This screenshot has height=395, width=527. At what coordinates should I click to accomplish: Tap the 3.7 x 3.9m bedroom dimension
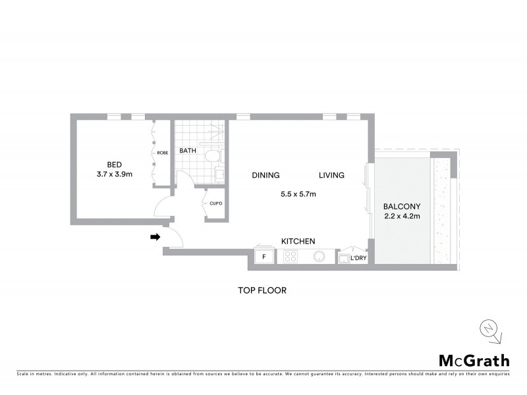pyautogui.click(x=116, y=175)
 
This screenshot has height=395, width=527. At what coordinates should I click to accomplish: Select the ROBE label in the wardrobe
pyautogui.click(x=163, y=153)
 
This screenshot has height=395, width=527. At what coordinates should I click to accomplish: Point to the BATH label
pyautogui.click(x=188, y=151)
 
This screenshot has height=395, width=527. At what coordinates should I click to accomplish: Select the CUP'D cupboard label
pyautogui.click(x=216, y=203)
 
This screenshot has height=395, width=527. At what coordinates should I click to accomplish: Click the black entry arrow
pyautogui.click(x=155, y=237)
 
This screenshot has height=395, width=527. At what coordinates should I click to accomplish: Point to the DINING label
pyautogui.click(x=265, y=175)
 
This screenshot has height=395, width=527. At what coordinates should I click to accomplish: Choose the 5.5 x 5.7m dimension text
pyautogui.click(x=298, y=194)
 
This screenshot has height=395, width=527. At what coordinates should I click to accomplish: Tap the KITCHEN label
pyautogui.click(x=298, y=242)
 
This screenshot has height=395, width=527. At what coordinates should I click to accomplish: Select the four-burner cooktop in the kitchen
pyautogui.click(x=291, y=257)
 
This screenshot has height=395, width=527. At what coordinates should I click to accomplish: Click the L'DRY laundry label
pyautogui.click(x=358, y=258)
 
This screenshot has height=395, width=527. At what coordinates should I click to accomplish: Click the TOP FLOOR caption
pyautogui.click(x=263, y=290)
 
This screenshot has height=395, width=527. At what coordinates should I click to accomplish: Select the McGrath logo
pyautogui.click(x=474, y=360)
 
